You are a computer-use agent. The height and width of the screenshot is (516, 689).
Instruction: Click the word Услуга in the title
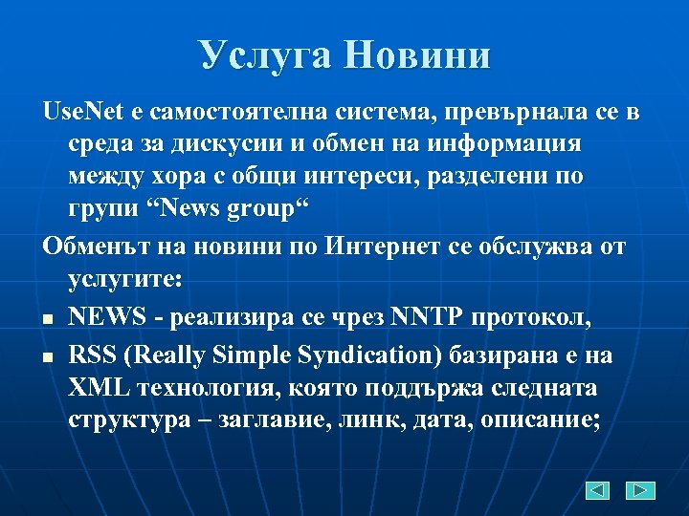tap(265, 54)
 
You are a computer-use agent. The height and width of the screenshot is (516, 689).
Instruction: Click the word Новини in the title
tap(417, 54)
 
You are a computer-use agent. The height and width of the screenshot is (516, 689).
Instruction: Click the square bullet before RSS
tap(48, 356)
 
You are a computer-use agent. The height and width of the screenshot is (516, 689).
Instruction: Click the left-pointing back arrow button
tap(596, 490)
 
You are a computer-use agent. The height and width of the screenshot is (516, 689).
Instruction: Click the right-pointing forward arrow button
tap(639, 490)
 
